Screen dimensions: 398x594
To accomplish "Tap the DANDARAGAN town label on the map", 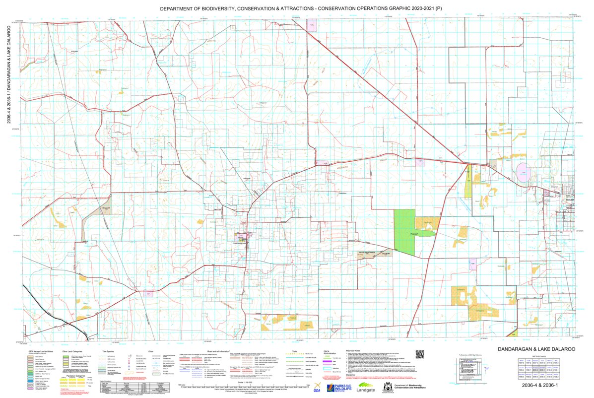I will click(240, 244).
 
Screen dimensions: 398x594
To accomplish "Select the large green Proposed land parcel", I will click(404, 231).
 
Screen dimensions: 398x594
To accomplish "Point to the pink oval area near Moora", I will click(523, 173).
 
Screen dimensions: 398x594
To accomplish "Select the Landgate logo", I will click(366, 390).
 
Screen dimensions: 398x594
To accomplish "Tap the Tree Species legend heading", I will click(108, 351).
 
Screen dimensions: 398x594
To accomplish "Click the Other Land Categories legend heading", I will click(68, 351).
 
